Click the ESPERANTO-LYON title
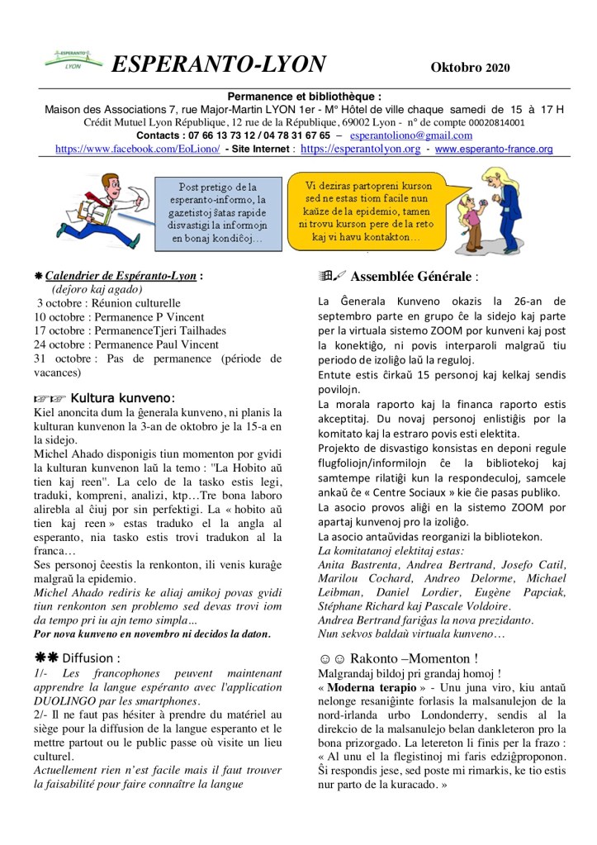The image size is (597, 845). coord(217,64)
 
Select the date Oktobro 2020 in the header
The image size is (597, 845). coord(470,67)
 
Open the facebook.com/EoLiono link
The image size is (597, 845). coord(137,150)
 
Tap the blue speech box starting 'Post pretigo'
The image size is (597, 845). coord(218,212)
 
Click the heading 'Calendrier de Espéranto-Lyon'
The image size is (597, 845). coord(121,277)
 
